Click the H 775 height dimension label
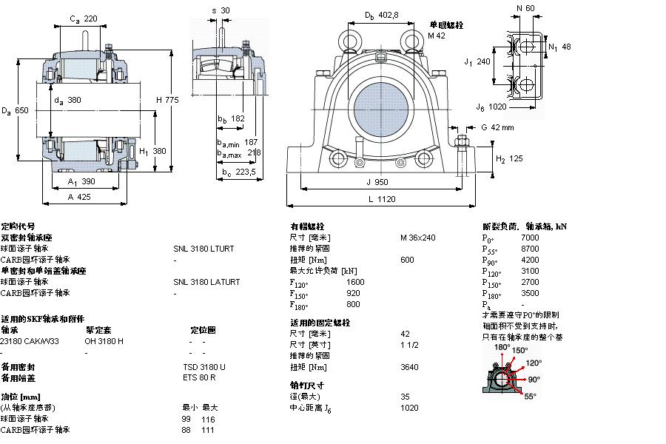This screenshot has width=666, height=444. click(x=167, y=100)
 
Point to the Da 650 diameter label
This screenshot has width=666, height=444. click(x=16, y=111)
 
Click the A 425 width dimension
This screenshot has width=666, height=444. click(x=79, y=197)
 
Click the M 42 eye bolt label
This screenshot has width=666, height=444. click(x=437, y=35)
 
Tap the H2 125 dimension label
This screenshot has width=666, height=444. click(x=509, y=158)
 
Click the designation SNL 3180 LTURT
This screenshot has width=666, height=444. click(x=203, y=249)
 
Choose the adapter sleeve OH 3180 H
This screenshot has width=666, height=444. click(x=104, y=341)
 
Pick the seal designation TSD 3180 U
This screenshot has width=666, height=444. click(x=204, y=367)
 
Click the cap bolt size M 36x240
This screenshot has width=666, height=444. click(x=418, y=238)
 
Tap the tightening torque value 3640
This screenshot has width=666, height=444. click(x=409, y=367)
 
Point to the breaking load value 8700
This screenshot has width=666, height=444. click(x=530, y=249)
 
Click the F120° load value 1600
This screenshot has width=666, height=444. click(x=355, y=282)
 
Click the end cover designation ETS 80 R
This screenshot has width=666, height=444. click(x=199, y=378)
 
